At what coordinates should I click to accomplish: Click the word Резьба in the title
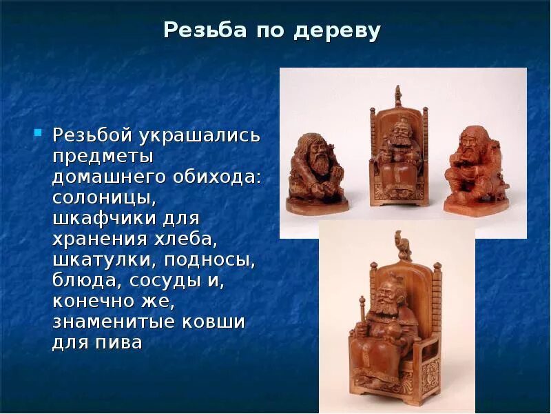[x=196, y=31]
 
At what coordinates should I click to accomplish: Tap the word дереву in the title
[x=344, y=31]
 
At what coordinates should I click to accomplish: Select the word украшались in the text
[x=198, y=134]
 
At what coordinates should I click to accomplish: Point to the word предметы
[x=103, y=155]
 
